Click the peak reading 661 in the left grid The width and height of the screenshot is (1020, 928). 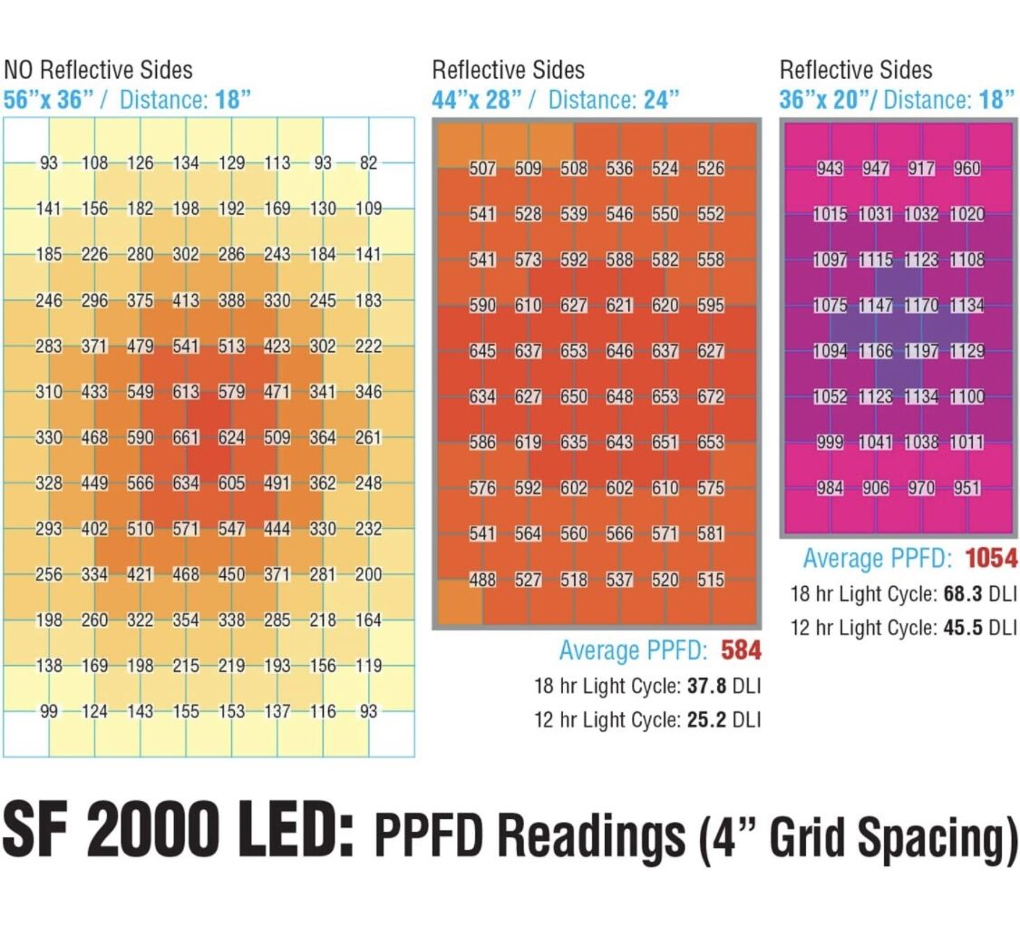tap(186, 437)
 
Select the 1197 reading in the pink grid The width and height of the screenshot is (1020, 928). tap(921, 351)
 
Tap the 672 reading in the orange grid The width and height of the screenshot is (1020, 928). tap(711, 396)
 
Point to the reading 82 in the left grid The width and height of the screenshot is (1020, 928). tap(368, 162)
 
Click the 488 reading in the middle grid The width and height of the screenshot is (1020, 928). tap(482, 580)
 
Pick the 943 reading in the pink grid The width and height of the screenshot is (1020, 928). tap(830, 169)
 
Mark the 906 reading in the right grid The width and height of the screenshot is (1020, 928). tap(876, 488)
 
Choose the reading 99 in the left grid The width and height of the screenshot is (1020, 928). tap(49, 711)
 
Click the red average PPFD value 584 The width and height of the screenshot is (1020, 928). tap(741, 650)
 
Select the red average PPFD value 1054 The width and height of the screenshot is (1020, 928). tap(991, 558)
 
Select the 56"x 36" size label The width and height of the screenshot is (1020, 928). tap(49, 100)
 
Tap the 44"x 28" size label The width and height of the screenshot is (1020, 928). tap(478, 100)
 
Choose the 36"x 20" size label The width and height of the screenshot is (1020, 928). tap(824, 100)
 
